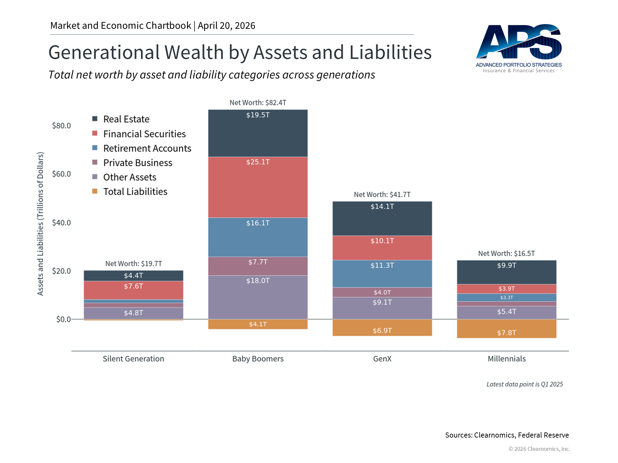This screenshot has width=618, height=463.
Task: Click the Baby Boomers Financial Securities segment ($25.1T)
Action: click(258, 187)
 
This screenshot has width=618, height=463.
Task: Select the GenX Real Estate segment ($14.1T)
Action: click(382, 219)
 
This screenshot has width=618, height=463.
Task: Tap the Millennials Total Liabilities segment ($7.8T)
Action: click(506, 329)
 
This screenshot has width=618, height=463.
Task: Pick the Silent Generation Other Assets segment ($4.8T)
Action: click(134, 313)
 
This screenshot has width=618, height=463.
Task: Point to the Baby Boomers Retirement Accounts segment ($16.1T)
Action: click(258, 237)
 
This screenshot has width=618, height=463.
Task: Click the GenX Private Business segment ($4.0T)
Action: click(382, 292)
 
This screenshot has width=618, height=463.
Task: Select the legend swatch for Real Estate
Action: click(95, 119)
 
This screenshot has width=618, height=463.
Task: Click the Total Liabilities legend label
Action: click(135, 192)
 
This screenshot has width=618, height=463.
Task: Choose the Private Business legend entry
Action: click(138, 163)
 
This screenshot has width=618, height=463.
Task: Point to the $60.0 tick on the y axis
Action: click(61, 174)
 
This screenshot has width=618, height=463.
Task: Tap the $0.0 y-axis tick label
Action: click(63, 319)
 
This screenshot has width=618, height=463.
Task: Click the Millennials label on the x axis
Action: click(506, 359)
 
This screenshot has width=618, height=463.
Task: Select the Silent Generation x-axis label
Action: click(134, 359)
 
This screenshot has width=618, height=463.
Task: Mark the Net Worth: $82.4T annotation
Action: click(258, 103)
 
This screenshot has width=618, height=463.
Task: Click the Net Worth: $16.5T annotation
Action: click(506, 254)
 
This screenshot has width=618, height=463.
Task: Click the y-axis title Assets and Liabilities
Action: click(40, 223)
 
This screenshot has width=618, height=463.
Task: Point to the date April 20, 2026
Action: click(226, 26)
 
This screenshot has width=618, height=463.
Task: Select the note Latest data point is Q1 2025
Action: click(524, 385)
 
